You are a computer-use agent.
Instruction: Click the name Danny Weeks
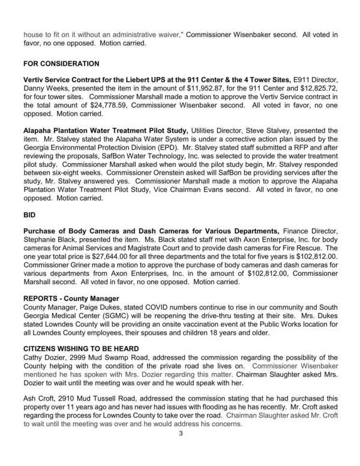pos(41,88)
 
